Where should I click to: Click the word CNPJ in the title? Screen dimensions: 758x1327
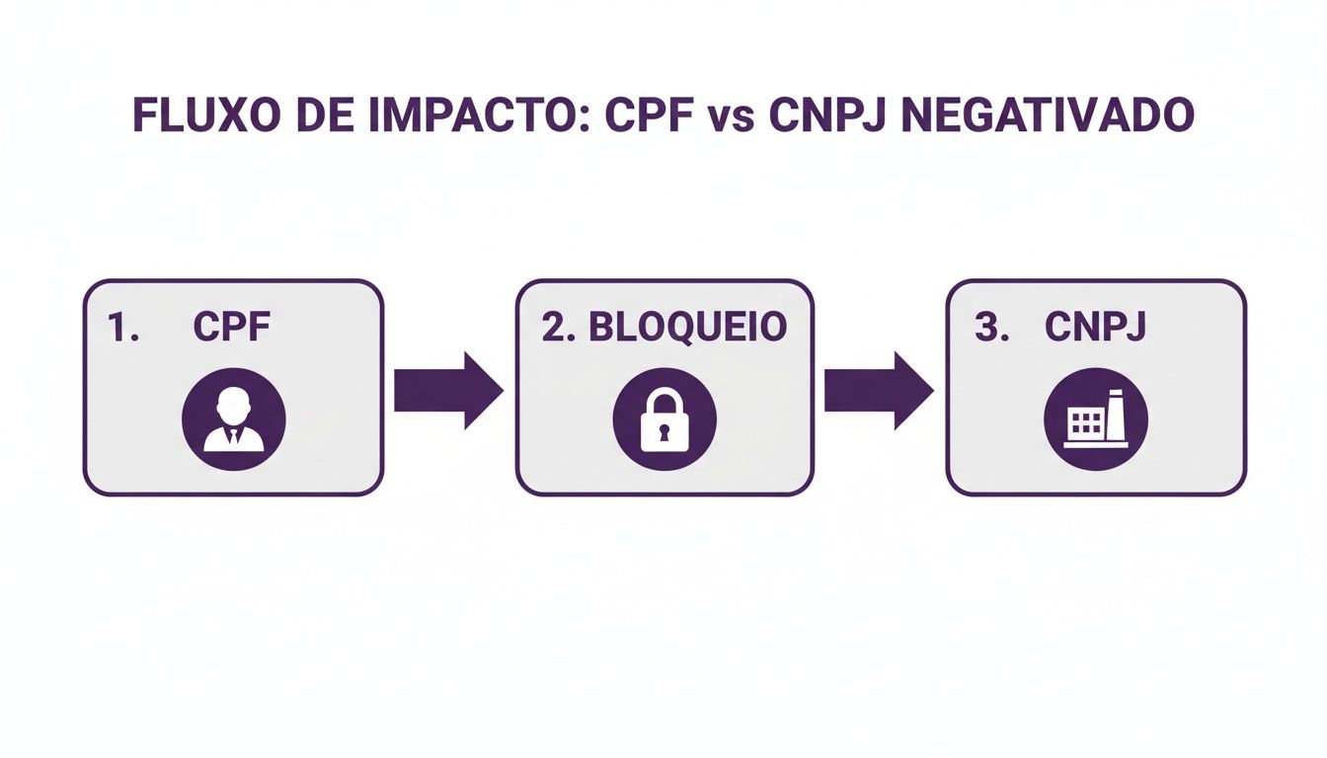tap(828, 116)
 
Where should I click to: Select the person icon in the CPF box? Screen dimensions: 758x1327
tap(233, 418)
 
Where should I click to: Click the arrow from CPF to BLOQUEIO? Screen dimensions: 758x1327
tap(447, 391)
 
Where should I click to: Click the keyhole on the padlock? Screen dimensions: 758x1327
tap(664, 431)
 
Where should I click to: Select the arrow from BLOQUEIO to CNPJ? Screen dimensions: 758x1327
tap(878, 391)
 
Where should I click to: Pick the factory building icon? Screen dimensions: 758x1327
tap(1095, 418)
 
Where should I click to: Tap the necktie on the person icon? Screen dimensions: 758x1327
tap(233, 434)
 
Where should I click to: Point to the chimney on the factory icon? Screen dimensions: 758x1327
tap(1116, 413)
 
